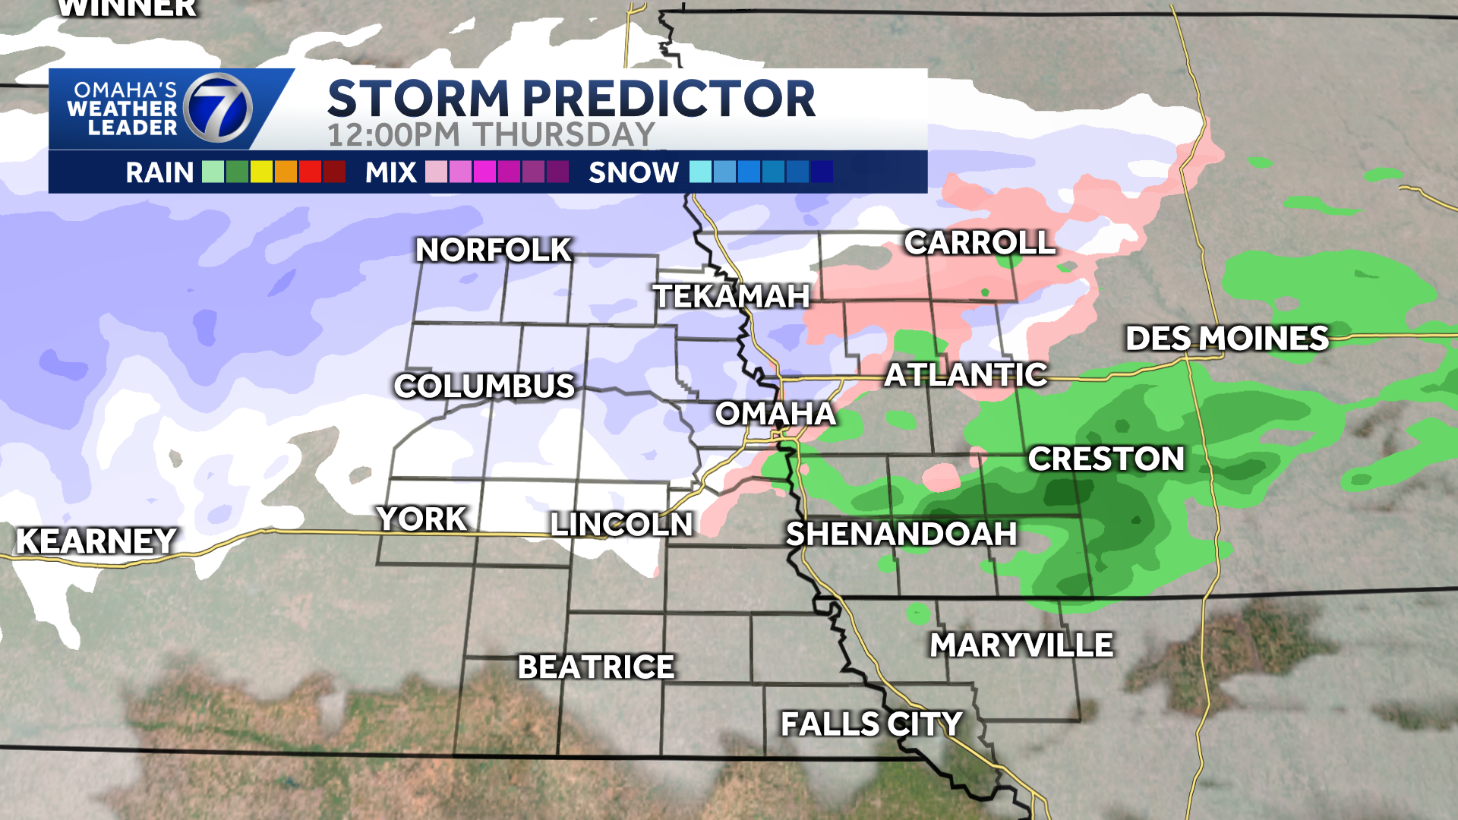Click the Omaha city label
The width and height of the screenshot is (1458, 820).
[x=775, y=414]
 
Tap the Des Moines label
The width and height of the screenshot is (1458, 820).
[x=1226, y=339]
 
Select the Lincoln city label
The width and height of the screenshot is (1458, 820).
[x=621, y=525]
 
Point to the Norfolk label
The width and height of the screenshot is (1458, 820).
[x=494, y=250]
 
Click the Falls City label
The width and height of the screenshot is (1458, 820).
[x=871, y=724]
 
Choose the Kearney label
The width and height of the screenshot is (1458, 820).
[x=96, y=541]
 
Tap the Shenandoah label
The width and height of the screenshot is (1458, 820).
[x=901, y=534]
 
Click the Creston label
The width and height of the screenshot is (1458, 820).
[x=1106, y=459]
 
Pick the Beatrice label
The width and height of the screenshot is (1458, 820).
[x=596, y=667]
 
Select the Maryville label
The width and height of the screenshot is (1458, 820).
[x=1021, y=645]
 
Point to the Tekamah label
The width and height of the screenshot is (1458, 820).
[x=731, y=296]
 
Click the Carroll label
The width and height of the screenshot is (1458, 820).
[x=980, y=243]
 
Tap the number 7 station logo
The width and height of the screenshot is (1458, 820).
[x=219, y=109]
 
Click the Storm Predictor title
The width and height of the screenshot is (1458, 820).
[x=571, y=99]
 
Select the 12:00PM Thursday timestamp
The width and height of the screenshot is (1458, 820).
[x=491, y=135]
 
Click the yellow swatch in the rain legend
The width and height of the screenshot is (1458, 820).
[x=261, y=172]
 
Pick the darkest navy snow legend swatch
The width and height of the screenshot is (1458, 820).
[x=822, y=172]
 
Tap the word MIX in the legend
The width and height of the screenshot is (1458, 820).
[x=390, y=172]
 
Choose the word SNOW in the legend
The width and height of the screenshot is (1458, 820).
[x=633, y=172]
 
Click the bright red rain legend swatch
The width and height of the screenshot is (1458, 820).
[x=310, y=172]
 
